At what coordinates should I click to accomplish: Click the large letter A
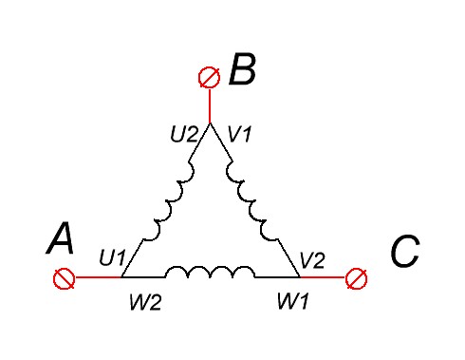click(61, 238)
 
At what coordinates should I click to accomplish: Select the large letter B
click(242, 69)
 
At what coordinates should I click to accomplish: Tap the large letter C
click(405, 251)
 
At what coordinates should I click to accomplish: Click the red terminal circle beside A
click(65, 278)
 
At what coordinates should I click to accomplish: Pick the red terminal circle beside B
click(210, 78)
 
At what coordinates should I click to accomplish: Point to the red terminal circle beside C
click(356, 278)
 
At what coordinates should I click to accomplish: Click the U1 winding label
click(112, 257)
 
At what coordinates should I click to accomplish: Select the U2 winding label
click(184, 134)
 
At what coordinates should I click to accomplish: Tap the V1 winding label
click(240, 134)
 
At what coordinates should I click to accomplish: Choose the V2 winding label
click(312, 260)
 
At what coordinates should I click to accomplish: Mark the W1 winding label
click(292, 301)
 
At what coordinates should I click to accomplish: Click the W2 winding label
click(145, 302)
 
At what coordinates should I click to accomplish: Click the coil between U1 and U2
click(168, 201)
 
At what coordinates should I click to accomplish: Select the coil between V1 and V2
click(251, 201)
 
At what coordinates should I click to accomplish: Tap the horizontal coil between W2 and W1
click(210, 273)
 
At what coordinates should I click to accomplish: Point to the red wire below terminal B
click(210, 106)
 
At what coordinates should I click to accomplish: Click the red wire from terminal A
click(99, 277)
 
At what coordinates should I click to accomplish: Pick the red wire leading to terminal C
click(323, 277)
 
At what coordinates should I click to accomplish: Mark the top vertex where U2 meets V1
click(210, 123)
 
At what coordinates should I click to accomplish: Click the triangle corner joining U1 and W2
click(121, 277)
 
